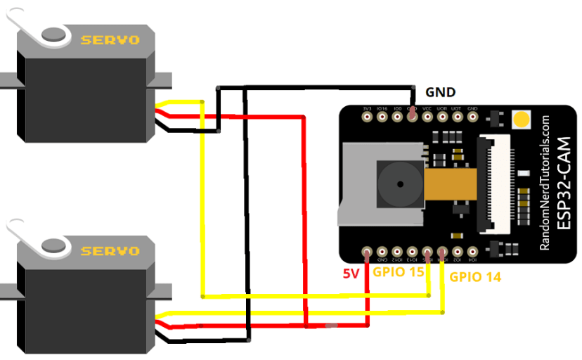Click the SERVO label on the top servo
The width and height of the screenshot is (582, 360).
coord(110,40)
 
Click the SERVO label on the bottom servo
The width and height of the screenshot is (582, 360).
coord(110,250)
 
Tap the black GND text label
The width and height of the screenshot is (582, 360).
coord(441,92)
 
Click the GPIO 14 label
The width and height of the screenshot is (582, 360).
coord(475,277)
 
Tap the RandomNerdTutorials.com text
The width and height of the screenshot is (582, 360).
coord(545,184)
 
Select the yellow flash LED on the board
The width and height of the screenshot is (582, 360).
coord(522,118)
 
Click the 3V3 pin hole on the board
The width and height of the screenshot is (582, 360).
coord(367,116)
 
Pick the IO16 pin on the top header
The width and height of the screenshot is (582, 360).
coord(382,116)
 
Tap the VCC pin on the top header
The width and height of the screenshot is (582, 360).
coord(427,116)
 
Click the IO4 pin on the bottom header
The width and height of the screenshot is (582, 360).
coord(472,252)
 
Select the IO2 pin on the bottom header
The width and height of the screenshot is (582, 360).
coord(458,252)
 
